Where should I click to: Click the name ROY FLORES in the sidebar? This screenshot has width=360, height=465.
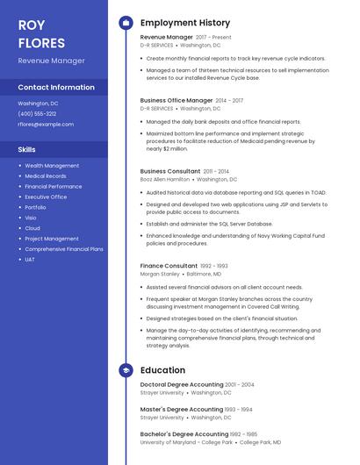click(x=41, y=33)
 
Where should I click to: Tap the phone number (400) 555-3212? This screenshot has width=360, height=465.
click(x=37, y=113)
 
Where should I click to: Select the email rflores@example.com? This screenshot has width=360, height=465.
click(x=46, y=124)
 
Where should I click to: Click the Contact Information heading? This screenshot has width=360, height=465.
click(x=56, y=88)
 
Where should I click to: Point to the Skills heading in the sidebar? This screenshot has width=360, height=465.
click(x=26, y=149)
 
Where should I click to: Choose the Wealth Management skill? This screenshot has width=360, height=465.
click(x=52, y=165)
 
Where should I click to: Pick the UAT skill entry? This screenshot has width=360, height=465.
click(x=30, y=259)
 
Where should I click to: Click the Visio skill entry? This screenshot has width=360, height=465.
click(x=31, y=218)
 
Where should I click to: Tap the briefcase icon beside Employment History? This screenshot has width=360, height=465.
click(x=126, y=23)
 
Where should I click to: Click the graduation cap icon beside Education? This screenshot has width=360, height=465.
click(x=126, y=370)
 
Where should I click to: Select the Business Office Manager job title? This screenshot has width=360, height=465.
click(x=176, y=101)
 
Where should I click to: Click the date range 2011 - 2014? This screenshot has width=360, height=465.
click(x=215, y=171)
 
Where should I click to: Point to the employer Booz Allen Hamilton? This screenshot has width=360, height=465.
click(x=164, y=179)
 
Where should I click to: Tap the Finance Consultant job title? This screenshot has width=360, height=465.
click(x=169, y=266)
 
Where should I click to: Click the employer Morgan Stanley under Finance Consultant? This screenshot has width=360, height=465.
click(x=160, y=274)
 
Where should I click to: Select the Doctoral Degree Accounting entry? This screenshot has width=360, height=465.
click(x=182, y=384)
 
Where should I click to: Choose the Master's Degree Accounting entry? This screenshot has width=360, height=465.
click(x=182, y=409)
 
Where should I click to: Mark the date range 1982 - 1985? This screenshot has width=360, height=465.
click(x=241, y=433)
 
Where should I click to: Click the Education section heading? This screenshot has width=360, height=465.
click(x=162, y=370)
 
